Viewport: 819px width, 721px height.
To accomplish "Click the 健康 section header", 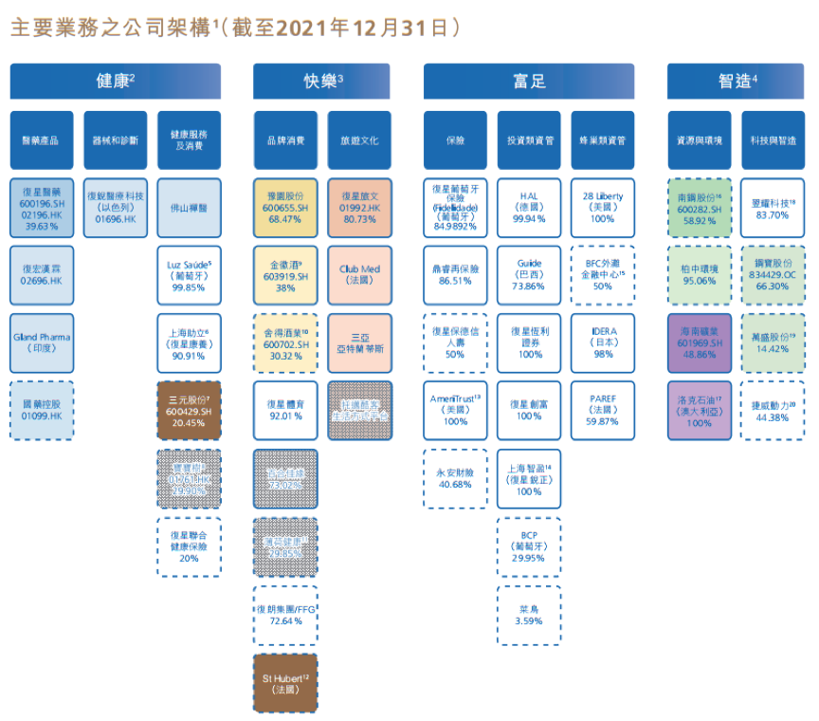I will [x=115, y=82].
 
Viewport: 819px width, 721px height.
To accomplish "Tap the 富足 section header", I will [x=529, y=82].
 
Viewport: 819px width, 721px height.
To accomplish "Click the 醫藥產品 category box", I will [x=41, y=139].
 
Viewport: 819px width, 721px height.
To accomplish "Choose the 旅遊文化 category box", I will [x=359, y=139].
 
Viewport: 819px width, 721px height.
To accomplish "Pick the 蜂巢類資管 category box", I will [x=602, y=139].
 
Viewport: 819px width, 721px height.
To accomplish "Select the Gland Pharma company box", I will [x=41, y=342].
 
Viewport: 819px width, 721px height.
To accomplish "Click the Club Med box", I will [x=359, y=274].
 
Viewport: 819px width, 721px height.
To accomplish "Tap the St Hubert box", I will [x=285, y=683].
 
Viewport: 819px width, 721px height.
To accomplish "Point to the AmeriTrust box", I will [x=455, y=410].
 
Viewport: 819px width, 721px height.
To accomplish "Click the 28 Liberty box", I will [x=602, y=207].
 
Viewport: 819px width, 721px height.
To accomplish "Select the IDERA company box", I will [x=602, y=342].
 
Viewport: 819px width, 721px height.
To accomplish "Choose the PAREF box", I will [x=602, y=410].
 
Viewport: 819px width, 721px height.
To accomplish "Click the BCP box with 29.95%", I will [x=529, y=546].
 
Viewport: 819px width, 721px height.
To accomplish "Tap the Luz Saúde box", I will [x=189, y=274].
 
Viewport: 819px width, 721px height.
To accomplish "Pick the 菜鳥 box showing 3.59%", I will [x=529, y=615].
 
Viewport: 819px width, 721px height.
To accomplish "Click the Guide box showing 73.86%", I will [x=529, y=274].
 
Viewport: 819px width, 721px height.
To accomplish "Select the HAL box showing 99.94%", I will [x=529, y=207].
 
